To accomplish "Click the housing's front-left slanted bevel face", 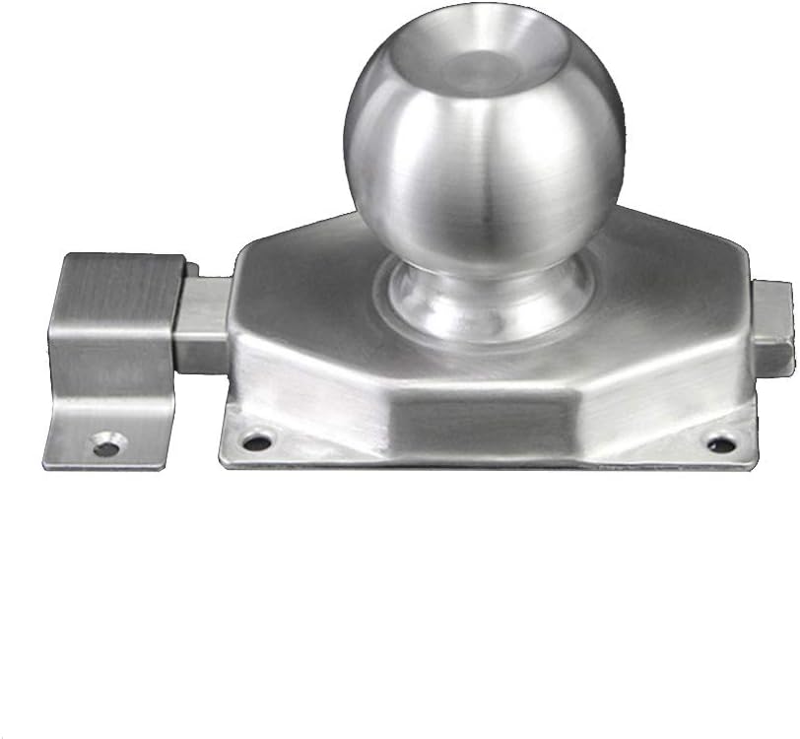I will pos(315,389).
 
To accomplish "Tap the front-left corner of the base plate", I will pos(225,463).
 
